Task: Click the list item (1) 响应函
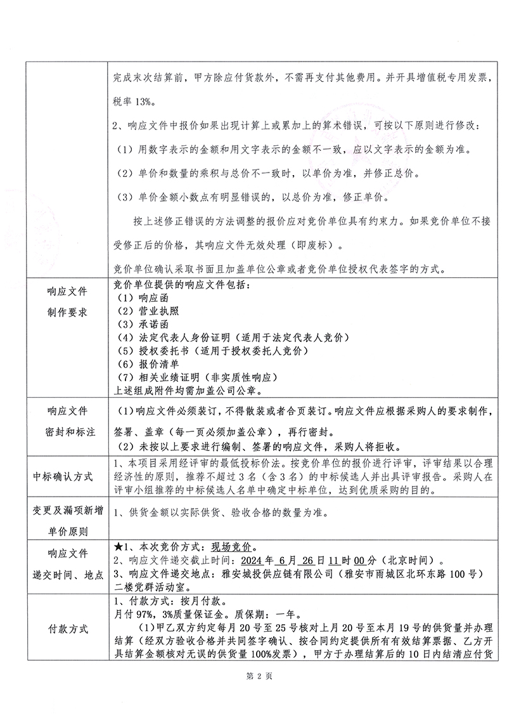(140, 297)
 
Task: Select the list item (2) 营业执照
(145, 311)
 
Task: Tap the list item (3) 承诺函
(140, 324)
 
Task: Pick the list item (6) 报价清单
(145, 364)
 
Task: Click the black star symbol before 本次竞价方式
(117, 547)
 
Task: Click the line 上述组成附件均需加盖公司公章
(184, 391)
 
